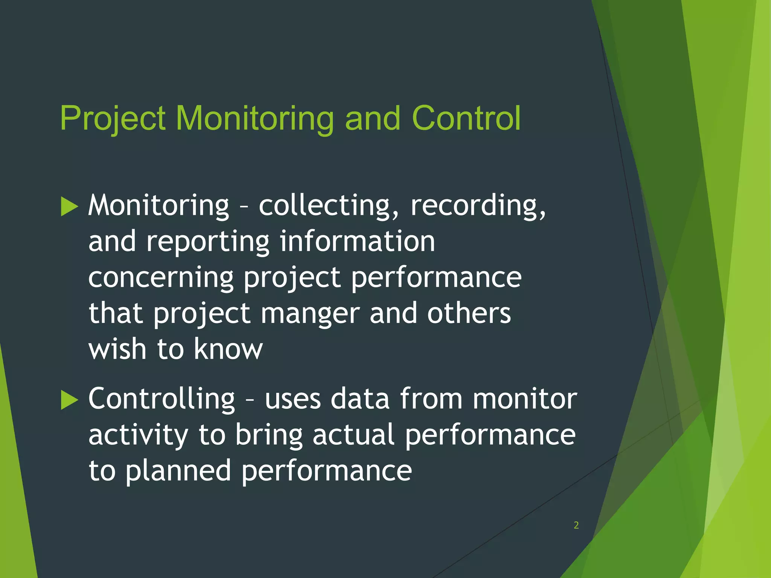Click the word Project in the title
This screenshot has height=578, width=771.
tap(113, 119)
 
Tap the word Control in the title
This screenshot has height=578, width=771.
tap(466, 119)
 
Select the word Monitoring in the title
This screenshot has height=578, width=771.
tap(254, 119)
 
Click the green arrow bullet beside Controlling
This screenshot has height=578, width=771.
tap(69, 400)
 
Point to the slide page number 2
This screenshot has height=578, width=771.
tap(576, 525)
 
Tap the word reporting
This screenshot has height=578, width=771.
tap(208, 242)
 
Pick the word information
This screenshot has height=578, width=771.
tap(357, 241)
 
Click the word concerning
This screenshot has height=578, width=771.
tap(161, 278)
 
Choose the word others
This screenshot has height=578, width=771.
tap(469, 313)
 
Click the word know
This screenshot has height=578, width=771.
tap(228, 349)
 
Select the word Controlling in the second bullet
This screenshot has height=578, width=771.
tap(162, 399)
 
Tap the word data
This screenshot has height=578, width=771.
tap(360, 399)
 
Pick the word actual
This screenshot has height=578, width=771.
tap(354, 435)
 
